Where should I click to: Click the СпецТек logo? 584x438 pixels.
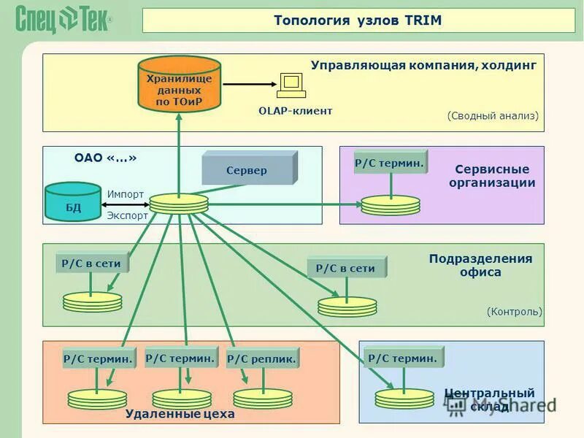pyautogui.click(x=64, y=20)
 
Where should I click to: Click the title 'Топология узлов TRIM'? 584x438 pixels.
pyautogui.click(x=358, y=20)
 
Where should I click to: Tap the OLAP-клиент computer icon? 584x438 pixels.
pyautogui.click(x=291, y=86)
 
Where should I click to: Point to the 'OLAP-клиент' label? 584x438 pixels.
pyautogui.click(x=295, y=111)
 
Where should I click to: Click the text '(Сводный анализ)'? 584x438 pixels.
pyautogui.click(x=493, y=115)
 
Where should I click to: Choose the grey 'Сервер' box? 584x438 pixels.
pyautogui.click(x=248, y=169)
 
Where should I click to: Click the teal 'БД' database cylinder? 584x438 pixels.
pyautogui.click(x=73, y=202)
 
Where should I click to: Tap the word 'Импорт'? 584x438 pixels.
pyautogui.click(x=126, y=194)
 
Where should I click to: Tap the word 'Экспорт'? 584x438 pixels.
pyautogui.click(x=127, y=215)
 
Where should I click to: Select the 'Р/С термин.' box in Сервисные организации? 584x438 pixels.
pyautogui.click(x=390, y=163)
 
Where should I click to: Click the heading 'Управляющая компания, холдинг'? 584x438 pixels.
pyautogui.click(x=423, y=66)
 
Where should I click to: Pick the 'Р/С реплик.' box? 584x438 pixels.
pyautogui.click(x=262, y=358)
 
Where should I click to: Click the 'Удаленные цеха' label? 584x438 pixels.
pyautogui.click(x=180, y=414)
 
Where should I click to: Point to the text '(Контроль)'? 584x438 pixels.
pyautogui.click(x=515, y=312)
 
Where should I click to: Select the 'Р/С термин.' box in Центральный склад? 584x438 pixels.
pyautogui.click(x=403, y=358)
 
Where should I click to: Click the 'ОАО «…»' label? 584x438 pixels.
pyautogui.click(x=106, y=158)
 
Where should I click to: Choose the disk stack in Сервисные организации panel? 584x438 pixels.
pyautogui.click(x=391, y=205)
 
